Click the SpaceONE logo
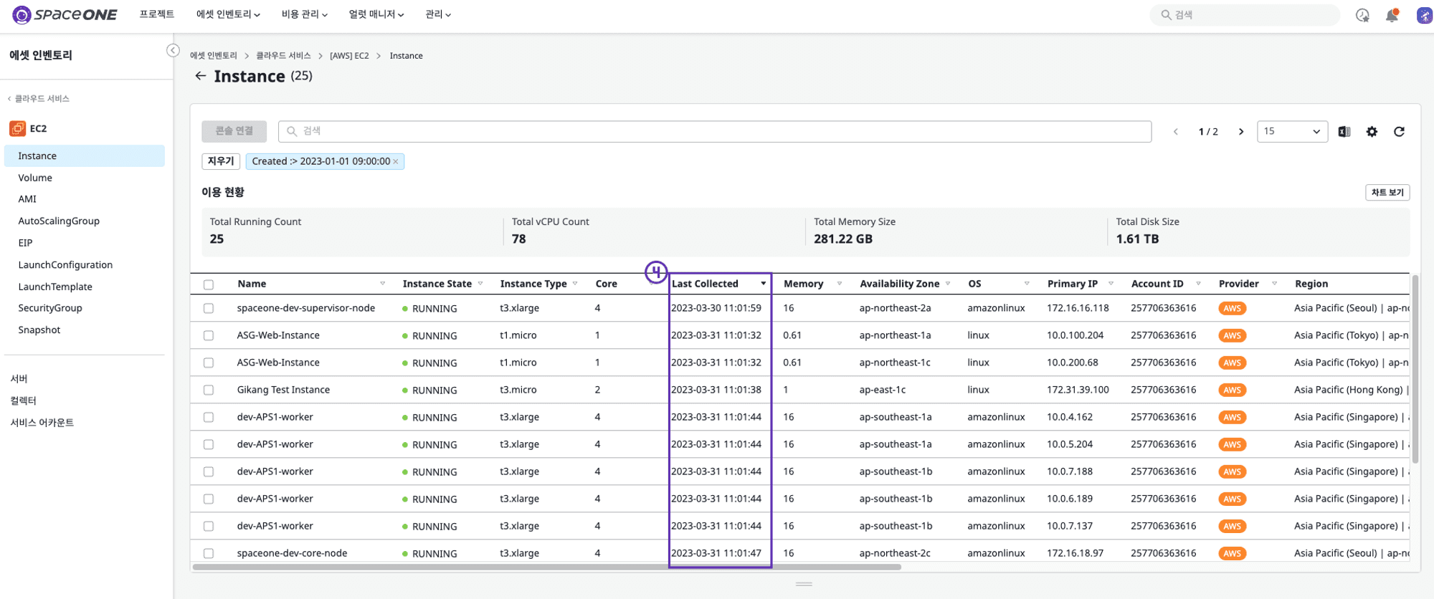point(65,14)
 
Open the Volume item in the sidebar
point(35,178)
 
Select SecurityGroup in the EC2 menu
point(50,308)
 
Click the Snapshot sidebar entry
point(39,330)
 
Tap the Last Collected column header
point(705,284)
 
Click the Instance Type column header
point(533,284)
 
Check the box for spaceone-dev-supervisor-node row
point(209,308)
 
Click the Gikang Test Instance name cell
point(283,390)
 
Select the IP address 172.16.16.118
point(1078,308)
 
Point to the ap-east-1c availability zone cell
point(883,390)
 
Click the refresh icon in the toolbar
point(1399,131)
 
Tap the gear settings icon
point(1372,131)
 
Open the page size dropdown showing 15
point(1292,131)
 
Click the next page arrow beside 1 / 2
point(1241,132)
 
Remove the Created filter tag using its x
point(395,162)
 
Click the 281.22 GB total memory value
point(843,239)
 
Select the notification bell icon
point(1392,15)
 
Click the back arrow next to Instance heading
point(201,76)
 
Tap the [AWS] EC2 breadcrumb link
point(349,56)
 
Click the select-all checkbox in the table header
point(209,284)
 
